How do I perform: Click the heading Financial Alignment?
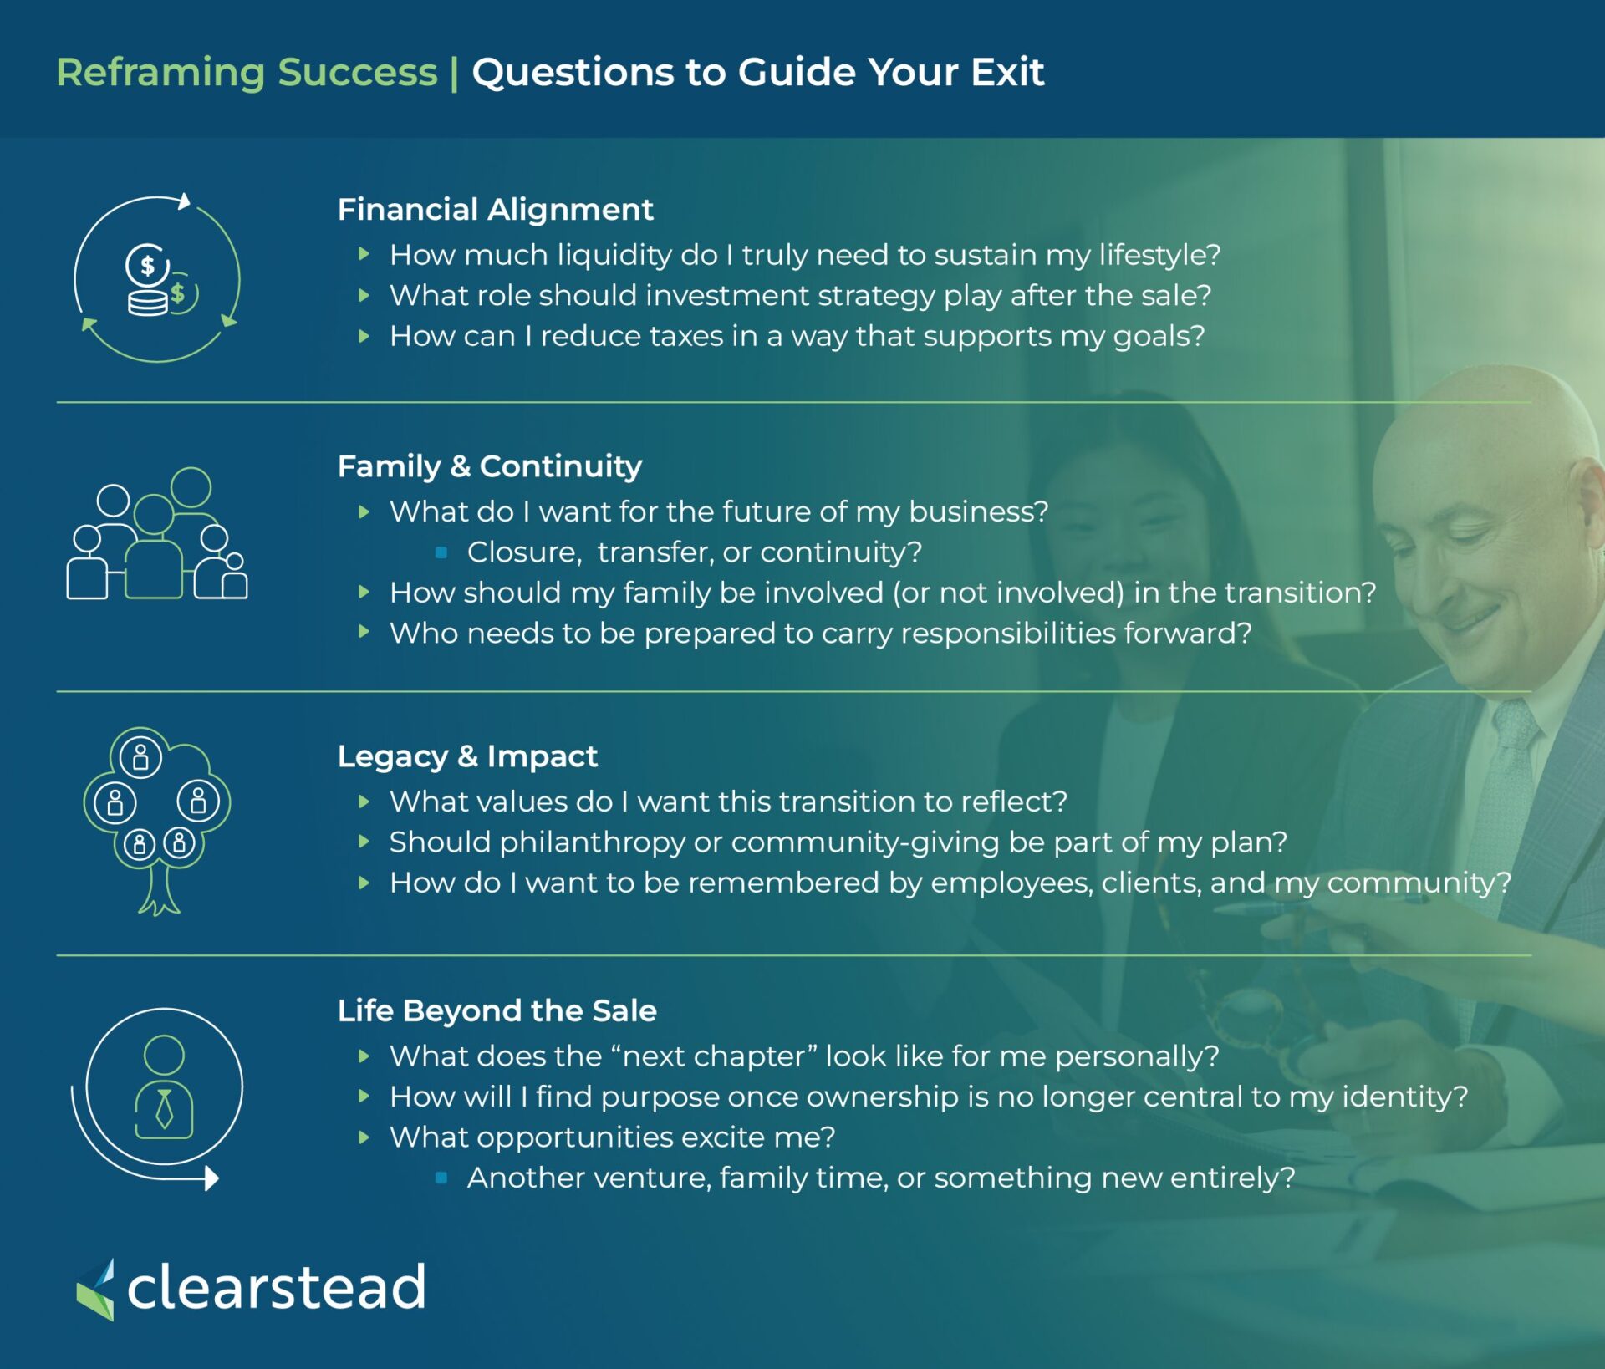(495, 210)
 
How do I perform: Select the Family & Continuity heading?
(490, 466)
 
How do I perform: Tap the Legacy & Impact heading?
(467, 756)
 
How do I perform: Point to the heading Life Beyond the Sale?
(497, 1011)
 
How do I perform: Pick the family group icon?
(157, 533)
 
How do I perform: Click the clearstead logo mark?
(96, 1290)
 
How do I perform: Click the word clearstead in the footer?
(277, 1287)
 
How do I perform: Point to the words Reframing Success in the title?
(247, 73)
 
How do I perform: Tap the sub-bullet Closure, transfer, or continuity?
(695, 552)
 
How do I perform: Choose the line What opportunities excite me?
(613, 1137)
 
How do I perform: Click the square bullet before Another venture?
(441, 1178)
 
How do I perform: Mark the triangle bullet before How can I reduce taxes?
(364, 336)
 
